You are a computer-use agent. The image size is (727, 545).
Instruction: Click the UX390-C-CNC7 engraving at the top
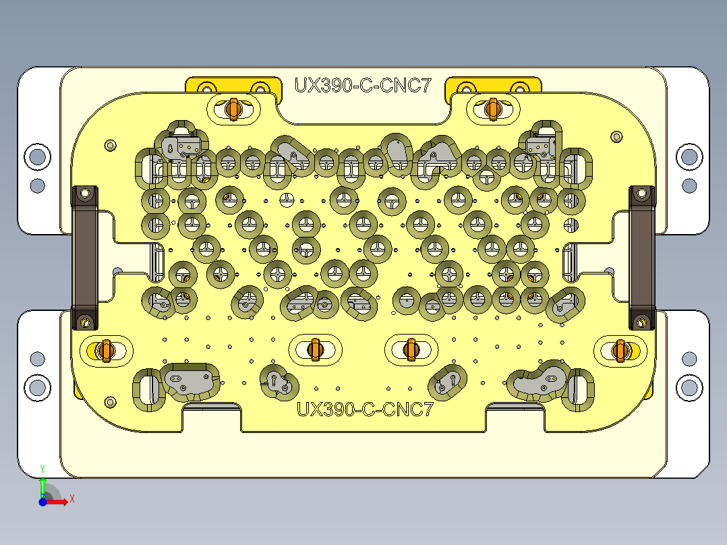tap(362, 86)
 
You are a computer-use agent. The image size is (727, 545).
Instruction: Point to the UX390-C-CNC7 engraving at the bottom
tap(365, 409)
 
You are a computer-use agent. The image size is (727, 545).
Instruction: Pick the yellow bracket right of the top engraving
tap(494, 86)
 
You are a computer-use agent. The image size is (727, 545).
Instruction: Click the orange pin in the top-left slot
tap(235, 108)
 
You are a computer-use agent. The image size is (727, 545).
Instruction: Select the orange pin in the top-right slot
tap(492, 108)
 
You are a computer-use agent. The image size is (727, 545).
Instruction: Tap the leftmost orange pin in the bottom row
tap(103, 350)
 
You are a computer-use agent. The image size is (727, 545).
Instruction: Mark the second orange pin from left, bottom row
tap(314, 349)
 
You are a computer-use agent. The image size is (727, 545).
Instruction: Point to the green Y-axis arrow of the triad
tap(42, 484)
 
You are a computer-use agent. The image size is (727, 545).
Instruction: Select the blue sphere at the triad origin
tap(42, 502)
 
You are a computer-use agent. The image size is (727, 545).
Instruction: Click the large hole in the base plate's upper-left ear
tap(38, 156)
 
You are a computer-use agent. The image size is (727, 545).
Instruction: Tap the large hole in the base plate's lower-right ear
tap(689, 387)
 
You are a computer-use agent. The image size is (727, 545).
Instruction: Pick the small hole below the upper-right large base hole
tap(689, 184)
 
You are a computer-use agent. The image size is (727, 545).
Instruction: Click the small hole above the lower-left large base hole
tap(38, 358)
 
